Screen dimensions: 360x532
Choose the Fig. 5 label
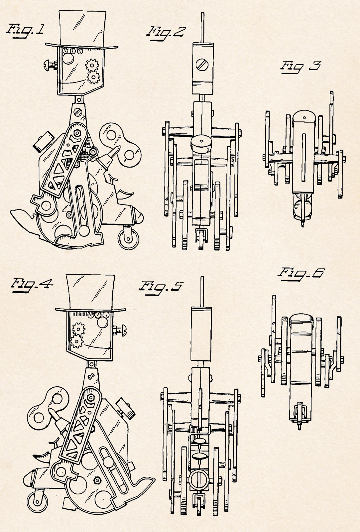(x=161, y=287)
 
